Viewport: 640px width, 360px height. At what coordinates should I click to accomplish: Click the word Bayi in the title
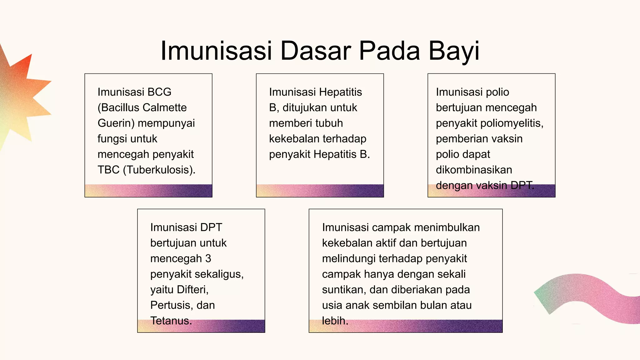[x=454, y=51]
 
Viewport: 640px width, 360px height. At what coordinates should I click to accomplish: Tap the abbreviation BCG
[x=159, y=92]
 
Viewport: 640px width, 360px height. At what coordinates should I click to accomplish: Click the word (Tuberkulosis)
[x=159, y=170]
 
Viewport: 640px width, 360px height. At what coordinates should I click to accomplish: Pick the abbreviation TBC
[x=108, y=170]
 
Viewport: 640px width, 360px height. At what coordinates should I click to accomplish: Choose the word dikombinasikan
[x=474, y=170]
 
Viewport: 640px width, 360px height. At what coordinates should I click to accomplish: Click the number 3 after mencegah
[x=208, y=259]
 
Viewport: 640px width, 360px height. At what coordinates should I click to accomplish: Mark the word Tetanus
[x=171, y=321]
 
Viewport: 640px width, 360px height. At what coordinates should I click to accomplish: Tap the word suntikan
[x=344, y=290]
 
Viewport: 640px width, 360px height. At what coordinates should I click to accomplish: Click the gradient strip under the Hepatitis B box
[x=320, y=191]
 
